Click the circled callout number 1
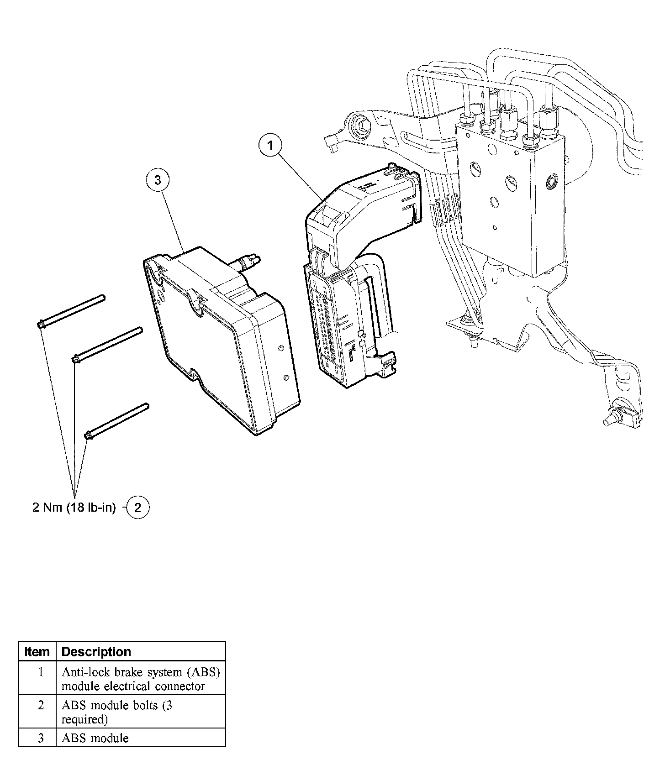[x=270, y=146]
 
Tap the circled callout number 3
[x=158, y=180]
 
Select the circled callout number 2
[x=137, y=508]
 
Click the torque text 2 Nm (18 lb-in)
[x=74, y=508]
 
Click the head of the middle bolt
[x=76, y=360]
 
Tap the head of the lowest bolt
[x=88, y=435]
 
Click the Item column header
[x=37, y=651]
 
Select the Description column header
[x=96, y=651]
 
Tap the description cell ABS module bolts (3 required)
[x=117, y=712]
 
